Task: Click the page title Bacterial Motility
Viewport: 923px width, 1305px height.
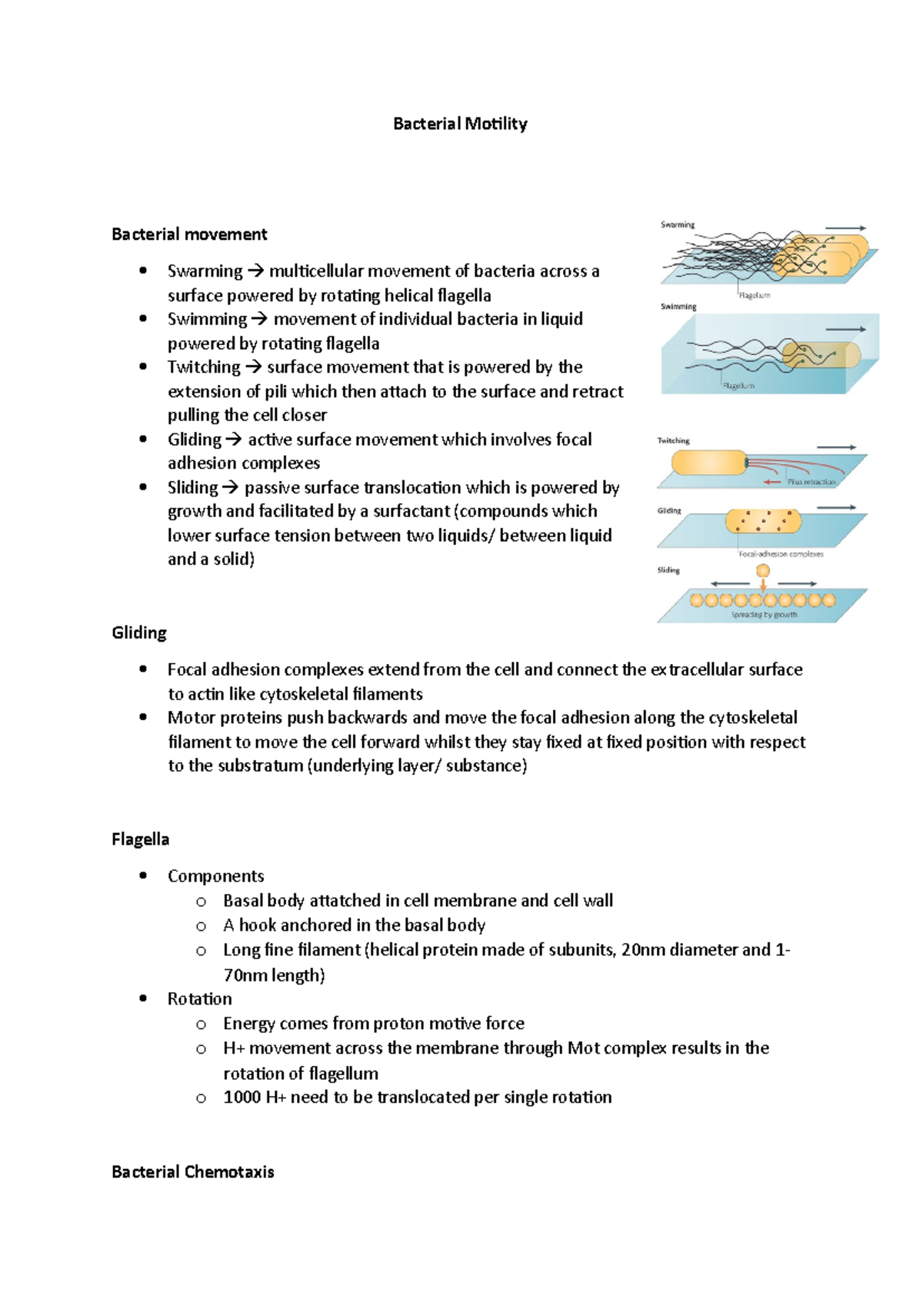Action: [x=460, y=124]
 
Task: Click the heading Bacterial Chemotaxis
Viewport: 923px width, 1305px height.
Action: [x=192, y=1171]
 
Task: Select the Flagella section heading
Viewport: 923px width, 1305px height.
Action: [x=140, y=838]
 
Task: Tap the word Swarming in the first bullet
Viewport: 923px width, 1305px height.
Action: [x=205, y=271]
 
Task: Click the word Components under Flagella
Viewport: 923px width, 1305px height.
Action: [x=215, y=876]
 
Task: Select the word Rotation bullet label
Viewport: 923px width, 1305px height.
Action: [x=199, y=998]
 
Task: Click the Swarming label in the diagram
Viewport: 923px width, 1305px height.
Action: [x=678, y=224]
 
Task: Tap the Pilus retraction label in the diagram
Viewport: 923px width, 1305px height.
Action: [x=811, y=482]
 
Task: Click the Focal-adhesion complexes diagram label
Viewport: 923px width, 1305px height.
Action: [x=781, y=553]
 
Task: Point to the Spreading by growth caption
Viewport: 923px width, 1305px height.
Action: [x=764, y=615]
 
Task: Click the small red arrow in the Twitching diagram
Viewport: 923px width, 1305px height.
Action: [x=772, y=482]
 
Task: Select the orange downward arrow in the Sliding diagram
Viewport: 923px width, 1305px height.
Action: [x=763, y=585]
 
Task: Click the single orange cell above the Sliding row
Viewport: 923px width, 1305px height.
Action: [x=763, y=570]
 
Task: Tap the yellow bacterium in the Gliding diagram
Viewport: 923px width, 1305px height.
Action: [x=763, y=522]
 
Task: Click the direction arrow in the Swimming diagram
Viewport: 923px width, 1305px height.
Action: [x=845, y=329]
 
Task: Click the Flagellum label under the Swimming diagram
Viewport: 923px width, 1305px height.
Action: [x=738, y=386]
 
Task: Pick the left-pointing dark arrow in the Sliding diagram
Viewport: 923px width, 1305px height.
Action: [x=730, y=584]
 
